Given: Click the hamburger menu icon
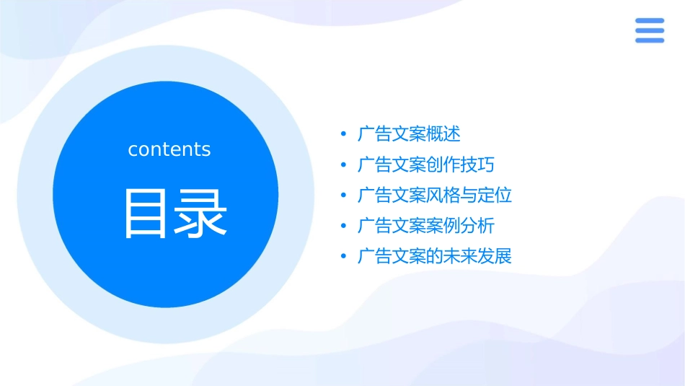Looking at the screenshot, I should [649, 30].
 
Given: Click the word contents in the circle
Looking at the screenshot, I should [169, 149].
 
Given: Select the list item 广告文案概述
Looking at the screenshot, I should [409, 134].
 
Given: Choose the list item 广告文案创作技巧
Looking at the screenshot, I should [426, 165].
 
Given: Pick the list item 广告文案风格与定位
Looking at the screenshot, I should [435, 196].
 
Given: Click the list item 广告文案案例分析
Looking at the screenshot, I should [426, 226].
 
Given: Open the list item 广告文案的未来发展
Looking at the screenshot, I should [435, 256].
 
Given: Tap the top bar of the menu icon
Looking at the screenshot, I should [649, 21].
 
